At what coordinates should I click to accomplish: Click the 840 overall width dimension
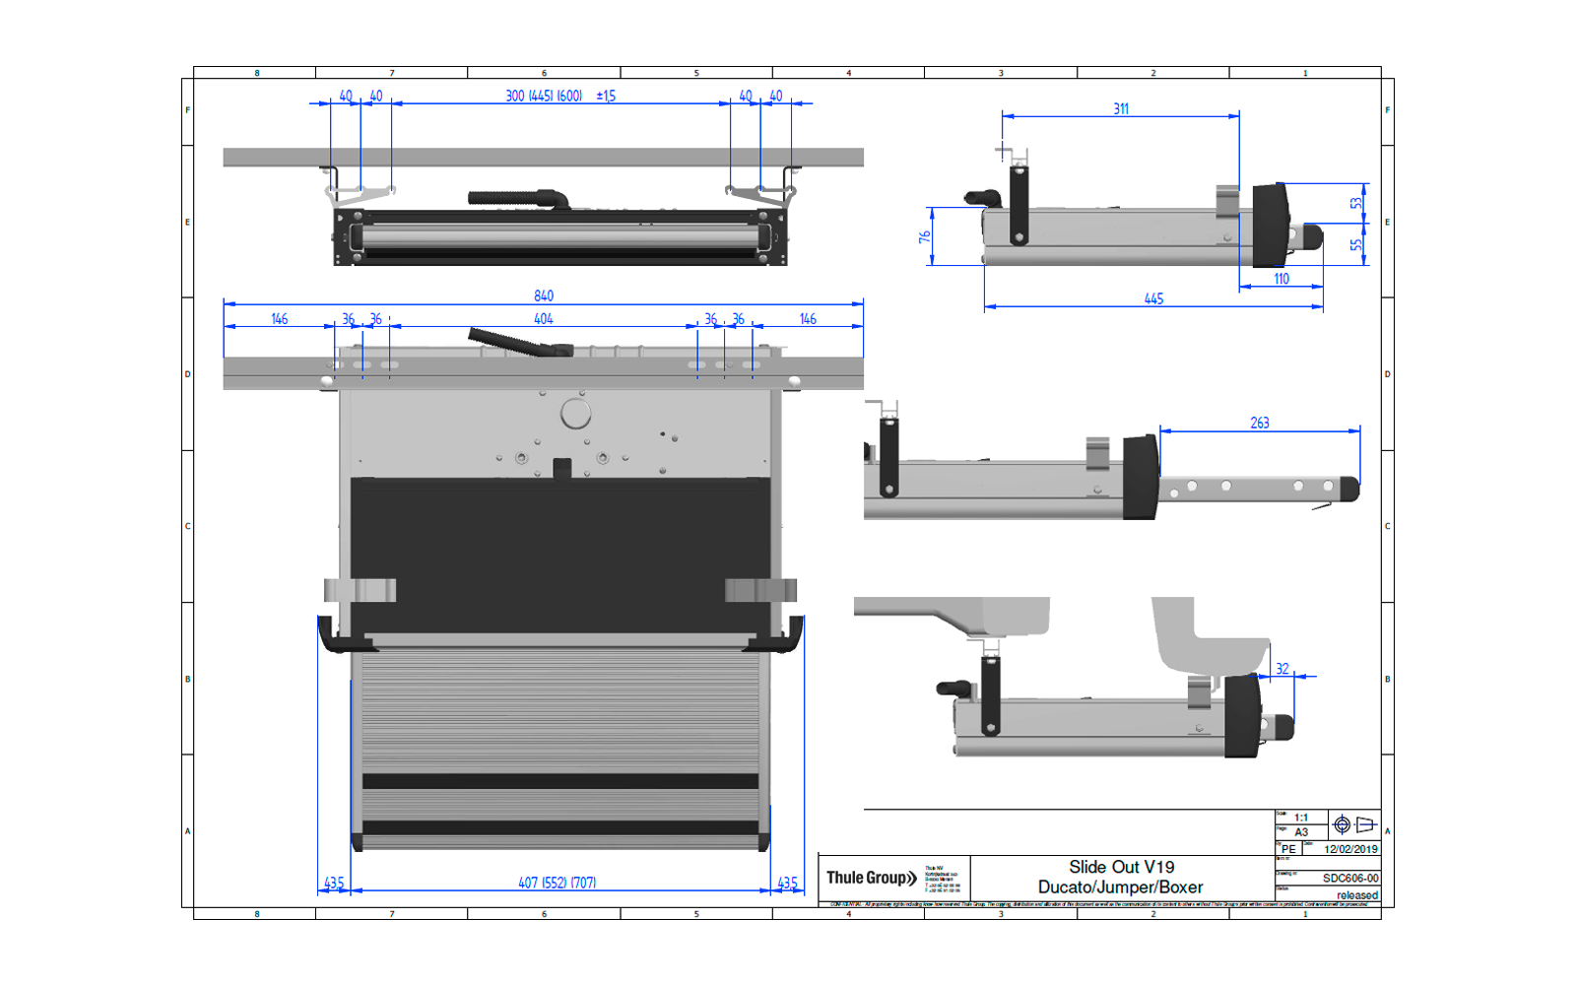click(544, 295)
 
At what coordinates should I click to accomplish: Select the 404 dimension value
click(544, 319)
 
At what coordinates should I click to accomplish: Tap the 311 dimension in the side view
click(1121, 109)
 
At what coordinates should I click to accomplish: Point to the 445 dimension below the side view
click(1153, 298)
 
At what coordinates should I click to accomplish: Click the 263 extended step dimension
click(1260, 423)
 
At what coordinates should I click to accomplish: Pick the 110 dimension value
click(1281, 279)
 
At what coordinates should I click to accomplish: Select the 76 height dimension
click(925, 237)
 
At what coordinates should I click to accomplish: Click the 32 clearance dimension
click(1282, 669)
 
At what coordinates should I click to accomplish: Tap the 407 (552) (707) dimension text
click(557, 883)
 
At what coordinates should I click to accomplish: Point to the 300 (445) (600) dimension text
click(544, 96)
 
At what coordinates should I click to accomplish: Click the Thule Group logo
click(871, 878)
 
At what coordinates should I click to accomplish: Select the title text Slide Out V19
click(1121, 867)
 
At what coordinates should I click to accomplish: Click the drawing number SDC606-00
click(1350, 878)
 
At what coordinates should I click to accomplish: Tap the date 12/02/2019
click(1350, 849)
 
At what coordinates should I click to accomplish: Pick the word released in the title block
click(1357, 895)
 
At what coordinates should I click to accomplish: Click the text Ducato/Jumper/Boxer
click(1121, 887)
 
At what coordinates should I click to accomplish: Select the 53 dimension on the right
click(1356, 203)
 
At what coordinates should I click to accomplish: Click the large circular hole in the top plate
click(575, 414)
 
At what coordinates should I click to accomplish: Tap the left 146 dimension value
click(280, 319)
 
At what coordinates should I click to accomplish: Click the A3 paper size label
click(1301, 832)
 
